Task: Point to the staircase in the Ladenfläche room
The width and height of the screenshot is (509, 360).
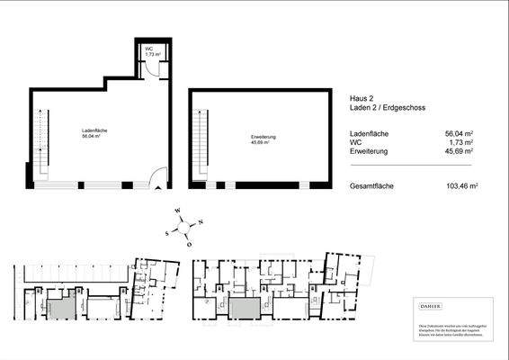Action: [x=39, y=144]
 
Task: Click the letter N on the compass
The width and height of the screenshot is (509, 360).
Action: [x=201, y=221]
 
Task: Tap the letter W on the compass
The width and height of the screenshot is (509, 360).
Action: [x=178, y=214]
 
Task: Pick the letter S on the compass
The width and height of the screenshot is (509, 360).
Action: [x=167, y=231]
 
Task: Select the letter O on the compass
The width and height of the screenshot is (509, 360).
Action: [x=188, y=243]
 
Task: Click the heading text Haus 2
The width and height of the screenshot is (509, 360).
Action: [x=360, y=98]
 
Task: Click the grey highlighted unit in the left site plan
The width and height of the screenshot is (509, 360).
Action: [x=62, y=307]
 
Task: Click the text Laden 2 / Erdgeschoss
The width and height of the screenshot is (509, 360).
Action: [x=388, y=107]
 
